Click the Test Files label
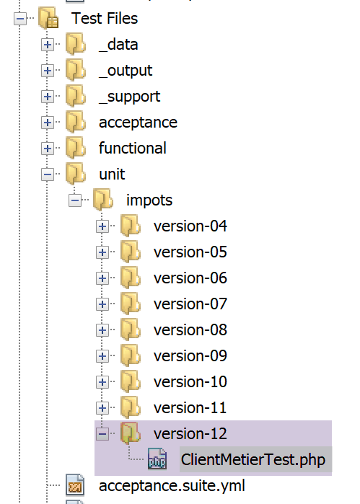(105, 18)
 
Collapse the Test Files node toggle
(20, 19)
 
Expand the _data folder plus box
(48, 45)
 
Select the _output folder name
(126, 71)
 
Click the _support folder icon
(76, 97)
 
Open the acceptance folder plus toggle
(48, 123)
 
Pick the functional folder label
(133, 149)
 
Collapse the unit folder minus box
(48, 174)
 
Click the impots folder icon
(103, 200)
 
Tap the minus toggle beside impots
(74, 200)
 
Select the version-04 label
(190, 226)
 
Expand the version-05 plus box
(102, 252)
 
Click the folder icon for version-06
(131, 278)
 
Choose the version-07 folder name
(190, 304)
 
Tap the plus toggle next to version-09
(102, 356)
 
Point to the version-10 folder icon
(131, 381)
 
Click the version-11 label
(190, 408)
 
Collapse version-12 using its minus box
(102, 434)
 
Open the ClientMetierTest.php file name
(253, 460)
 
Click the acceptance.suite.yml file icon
(75, 485)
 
